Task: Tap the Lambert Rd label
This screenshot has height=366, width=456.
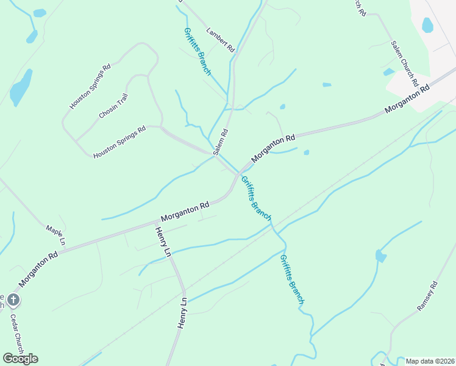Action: (x=220, y=38)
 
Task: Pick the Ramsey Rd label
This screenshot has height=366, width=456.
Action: (x=427, y=296)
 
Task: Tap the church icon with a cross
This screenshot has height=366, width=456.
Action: (x=13, y=300)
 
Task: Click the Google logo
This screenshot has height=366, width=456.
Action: (x=20, y=358)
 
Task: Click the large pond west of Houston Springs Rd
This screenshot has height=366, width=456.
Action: (x=21, y=89)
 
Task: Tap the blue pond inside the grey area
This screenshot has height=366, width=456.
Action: (x=427, y=25)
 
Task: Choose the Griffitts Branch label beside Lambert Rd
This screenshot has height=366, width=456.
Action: (x=197, y=51)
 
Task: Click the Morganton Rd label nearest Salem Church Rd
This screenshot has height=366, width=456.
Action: (x=407, y=100)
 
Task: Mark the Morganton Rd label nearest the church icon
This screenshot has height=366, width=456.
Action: (x=38, y=270)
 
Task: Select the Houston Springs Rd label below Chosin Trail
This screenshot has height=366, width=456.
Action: (x=119, y=143)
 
